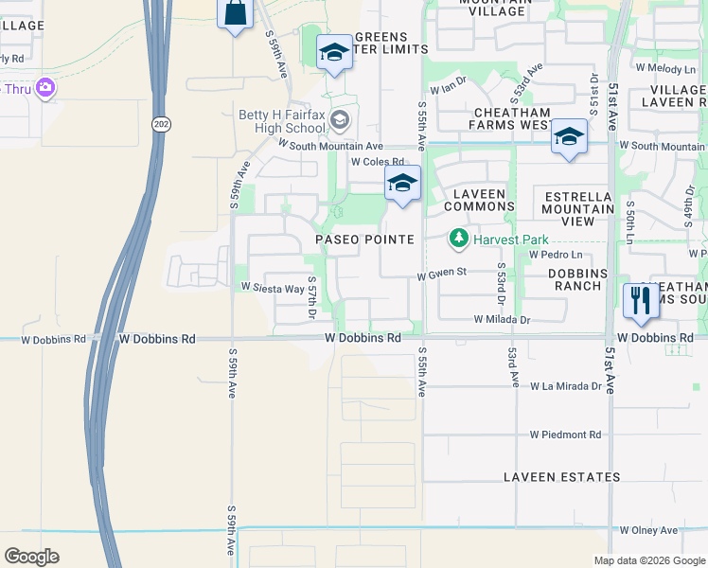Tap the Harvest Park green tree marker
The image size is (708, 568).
pyautogui.click(x=459, y=238)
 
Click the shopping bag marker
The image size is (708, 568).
pyautogui.click(x=236, y=14)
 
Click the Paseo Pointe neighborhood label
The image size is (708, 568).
pyautogui.click(x=364, y=240)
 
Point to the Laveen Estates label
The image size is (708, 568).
pyautogui.click(x=561, y=477)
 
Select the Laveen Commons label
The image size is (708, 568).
pyautogui.click(x=479, y=200)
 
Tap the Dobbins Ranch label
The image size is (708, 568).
pyautogui.click(x=575, y=279)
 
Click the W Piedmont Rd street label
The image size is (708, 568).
pyautogui.click(x=565, y=435)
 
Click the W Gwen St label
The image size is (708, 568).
pyautogui.click(x=443, y=274)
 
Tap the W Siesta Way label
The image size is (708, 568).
pyautogui.click(x=273, y=288)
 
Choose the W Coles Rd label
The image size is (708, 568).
pyautogui.click(x=377, y=162)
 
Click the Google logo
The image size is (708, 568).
pyautogui.click(x=32, y=557)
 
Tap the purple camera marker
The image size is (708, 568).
pyautogui.click(x=45, y=89)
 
